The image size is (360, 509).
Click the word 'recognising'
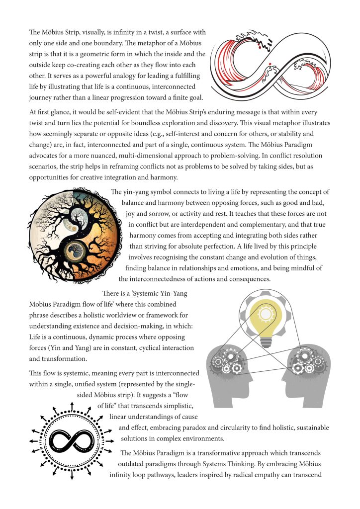pyautogui.click(x=187, y=257)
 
